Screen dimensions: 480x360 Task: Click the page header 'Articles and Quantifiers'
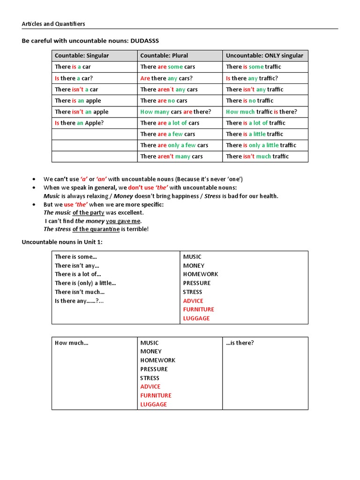pos(53,24)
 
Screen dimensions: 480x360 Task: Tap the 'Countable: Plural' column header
pos(164,56)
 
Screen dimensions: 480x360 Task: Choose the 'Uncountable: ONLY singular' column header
pos(264,56)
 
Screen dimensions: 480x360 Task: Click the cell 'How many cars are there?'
pos(175,112)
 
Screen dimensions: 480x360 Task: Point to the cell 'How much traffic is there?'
pos(261,112)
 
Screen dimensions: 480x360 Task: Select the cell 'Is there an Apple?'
pos(79,123)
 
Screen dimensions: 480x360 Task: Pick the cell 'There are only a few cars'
pos(174,145)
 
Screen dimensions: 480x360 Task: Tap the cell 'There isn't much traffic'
pos(257,157)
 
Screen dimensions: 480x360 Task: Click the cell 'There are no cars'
pos(164,101)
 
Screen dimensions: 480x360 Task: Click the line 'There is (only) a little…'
pos(85,283)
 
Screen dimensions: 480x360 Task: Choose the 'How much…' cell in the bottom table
pos(71,343)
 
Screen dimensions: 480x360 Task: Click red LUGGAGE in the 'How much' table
pos(153,405)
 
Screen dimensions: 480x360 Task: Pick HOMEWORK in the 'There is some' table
pos(200,274)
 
